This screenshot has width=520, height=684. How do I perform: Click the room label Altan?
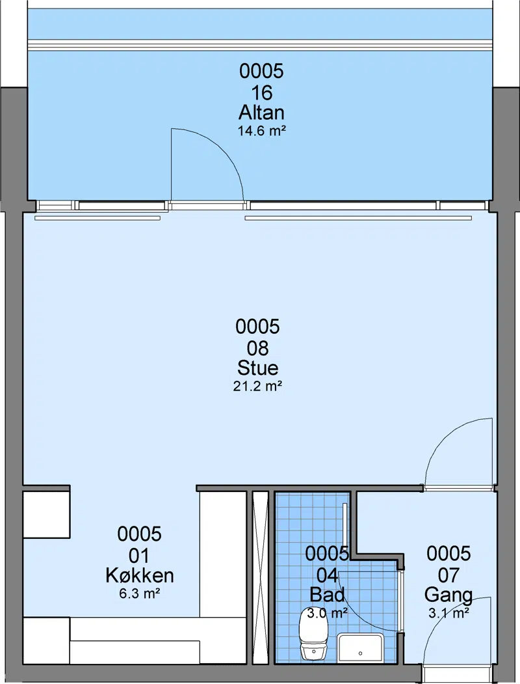[261, 113]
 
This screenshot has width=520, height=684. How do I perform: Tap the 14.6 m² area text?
[261, 131]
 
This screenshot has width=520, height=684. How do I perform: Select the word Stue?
[257, 368]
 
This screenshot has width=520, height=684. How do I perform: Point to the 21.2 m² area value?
[257, 387]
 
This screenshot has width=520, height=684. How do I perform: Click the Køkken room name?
[139, 575]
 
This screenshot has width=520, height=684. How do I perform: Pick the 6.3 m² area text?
[139, 594]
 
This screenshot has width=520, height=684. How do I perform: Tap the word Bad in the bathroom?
[327, 594]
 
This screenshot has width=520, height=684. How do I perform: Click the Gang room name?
[448, 595]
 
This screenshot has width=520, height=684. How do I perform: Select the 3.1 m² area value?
[448, 613]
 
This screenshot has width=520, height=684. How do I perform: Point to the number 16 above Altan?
[261, 93]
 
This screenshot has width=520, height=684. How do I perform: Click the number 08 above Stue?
[257, 348]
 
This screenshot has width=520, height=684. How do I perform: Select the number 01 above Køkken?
[139, 556]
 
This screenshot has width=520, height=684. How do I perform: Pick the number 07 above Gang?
[448, 575]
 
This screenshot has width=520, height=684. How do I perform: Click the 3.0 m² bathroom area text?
[327, 613]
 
